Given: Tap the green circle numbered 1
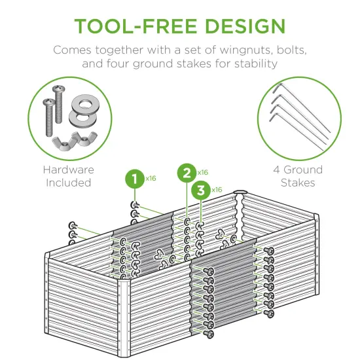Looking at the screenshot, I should click(134, 179).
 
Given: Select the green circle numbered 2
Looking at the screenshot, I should click(187, 173).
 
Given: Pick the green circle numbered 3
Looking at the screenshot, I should click(202, 190).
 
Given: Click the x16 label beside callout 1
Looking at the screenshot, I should click(151, 178).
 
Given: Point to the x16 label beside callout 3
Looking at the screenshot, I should click(218, 190).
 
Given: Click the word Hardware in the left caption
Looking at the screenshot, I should click(68, 170).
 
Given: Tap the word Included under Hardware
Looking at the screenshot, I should click(68, 183).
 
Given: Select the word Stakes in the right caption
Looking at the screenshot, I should click(298, 183).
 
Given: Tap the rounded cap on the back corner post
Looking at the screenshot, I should click(240, 194).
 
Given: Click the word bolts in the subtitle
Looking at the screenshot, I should click(290, 50).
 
